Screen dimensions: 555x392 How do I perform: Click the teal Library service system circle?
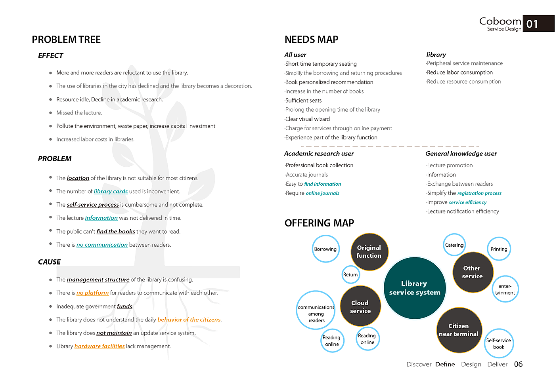point(415,288)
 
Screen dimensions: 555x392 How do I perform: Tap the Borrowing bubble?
point(325,249)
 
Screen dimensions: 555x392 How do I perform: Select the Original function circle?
point(369,252)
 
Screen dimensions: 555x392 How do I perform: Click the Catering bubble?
point(454,245)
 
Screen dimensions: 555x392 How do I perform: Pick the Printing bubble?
point(499,249)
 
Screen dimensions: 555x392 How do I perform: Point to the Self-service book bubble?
point(499,343)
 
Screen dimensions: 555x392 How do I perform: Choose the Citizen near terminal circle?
point(459,330)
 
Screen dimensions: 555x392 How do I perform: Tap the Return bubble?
point(350,274)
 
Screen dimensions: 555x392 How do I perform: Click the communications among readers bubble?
point(316,311)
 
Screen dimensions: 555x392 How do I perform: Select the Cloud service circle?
point(360,306)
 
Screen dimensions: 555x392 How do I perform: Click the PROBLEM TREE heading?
point(66,40)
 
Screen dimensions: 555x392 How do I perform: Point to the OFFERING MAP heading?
point(319,223)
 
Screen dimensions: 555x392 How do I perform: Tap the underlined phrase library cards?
point(111,191)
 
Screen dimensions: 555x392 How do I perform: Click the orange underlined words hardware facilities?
point(100,346)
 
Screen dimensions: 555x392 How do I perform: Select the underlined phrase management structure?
point(98,280)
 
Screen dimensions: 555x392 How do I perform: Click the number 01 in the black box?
point(532,24)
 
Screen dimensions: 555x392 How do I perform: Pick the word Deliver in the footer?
point(497,364)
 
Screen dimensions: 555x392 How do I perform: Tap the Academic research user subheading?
point(319,154)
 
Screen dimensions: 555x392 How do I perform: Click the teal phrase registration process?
point(479,193)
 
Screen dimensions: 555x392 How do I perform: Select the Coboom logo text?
point(500,21)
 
